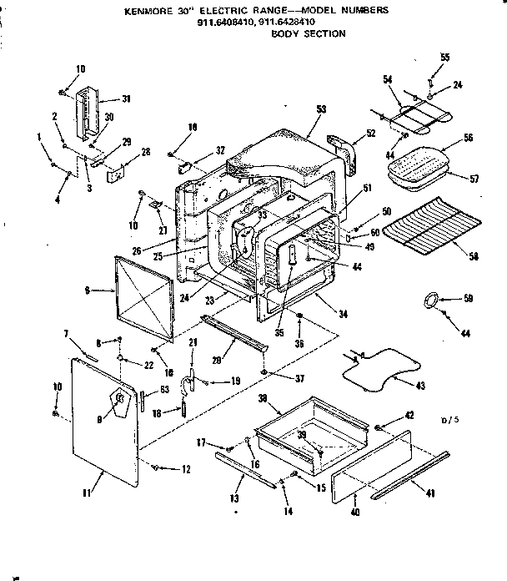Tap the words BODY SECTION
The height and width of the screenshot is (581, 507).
pos(309,34)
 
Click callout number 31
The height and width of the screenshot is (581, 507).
pos(127,99)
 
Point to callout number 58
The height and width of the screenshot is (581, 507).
pos(473,256)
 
